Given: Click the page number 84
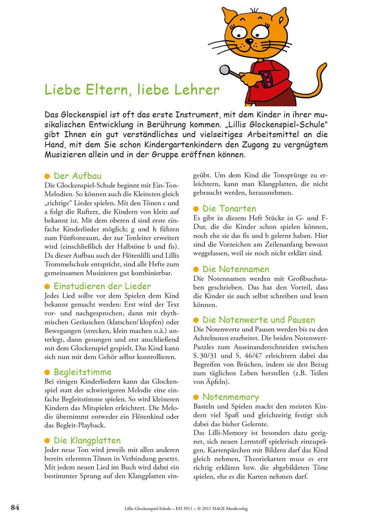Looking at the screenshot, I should click(x=15, y=507).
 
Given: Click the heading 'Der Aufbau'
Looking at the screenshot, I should click(x=77, y=176).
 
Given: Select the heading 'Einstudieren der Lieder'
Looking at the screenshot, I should click(x=102, y=286).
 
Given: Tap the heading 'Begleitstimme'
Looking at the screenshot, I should click(x=82, y=372).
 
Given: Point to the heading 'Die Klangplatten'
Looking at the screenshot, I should click(x=87, y=440).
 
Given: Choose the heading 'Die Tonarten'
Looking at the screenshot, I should click(x=229, y=209).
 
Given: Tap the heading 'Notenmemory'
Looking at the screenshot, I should click(x=231, y=397).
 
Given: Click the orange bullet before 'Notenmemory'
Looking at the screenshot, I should click(x=196, y=397).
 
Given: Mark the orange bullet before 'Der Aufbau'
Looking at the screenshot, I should click(x=47, y=176).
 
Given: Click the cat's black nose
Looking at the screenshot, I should click(x=249, y=41).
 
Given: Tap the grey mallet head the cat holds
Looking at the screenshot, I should click(x=224, y=70).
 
